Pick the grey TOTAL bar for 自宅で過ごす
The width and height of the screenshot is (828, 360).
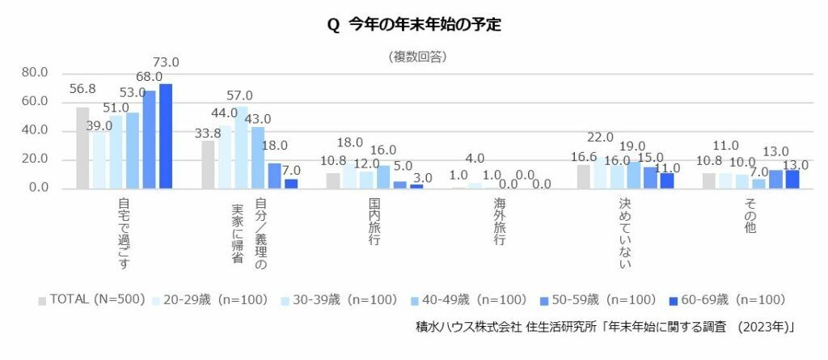point(82,148)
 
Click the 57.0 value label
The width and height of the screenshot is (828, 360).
point(239,95)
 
